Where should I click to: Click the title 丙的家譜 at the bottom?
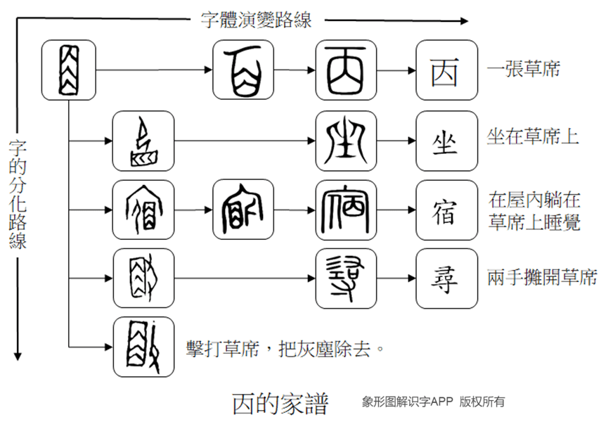pos(280,403)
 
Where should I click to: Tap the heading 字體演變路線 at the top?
pos(256,19)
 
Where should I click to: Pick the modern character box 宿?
pos(446,210)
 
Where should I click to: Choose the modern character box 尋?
pos(446,279)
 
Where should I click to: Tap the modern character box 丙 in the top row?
pos(446,70)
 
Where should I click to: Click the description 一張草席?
pos(523,70)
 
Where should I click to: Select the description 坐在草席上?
pos(532,136)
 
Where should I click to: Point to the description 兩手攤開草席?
pos(542,278)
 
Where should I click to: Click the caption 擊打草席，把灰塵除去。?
pos(286,347)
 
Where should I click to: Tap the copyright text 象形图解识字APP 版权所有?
pos(433,402)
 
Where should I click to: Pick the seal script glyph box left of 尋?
pos(346,279)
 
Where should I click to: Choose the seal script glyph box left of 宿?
pos(346,210)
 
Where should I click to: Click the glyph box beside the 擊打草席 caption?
pos(143,347)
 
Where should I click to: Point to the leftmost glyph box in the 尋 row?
pos(143,279)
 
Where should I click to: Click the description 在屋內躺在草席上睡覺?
pos(534,210)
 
